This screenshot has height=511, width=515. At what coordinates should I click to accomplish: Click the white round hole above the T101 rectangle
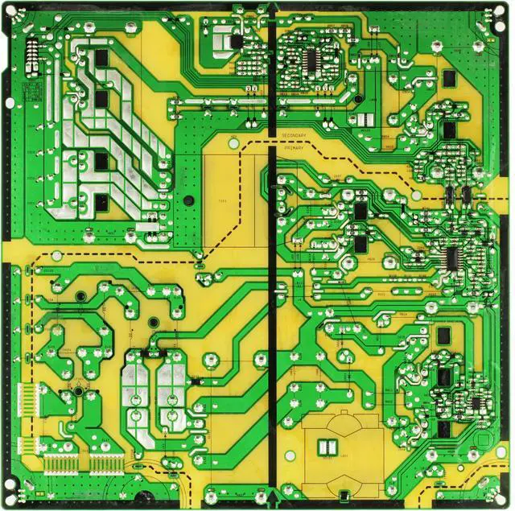click(233, 143)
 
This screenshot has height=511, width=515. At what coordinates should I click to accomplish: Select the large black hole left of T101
click(187, 201)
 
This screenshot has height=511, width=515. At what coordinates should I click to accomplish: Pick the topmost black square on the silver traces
click(102, 59)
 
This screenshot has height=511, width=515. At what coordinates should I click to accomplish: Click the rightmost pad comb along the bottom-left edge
click(102, 464)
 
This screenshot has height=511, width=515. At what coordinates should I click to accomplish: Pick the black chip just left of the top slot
click(236, 39)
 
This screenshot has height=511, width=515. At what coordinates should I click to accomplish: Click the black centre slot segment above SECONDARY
click(275, 64)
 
